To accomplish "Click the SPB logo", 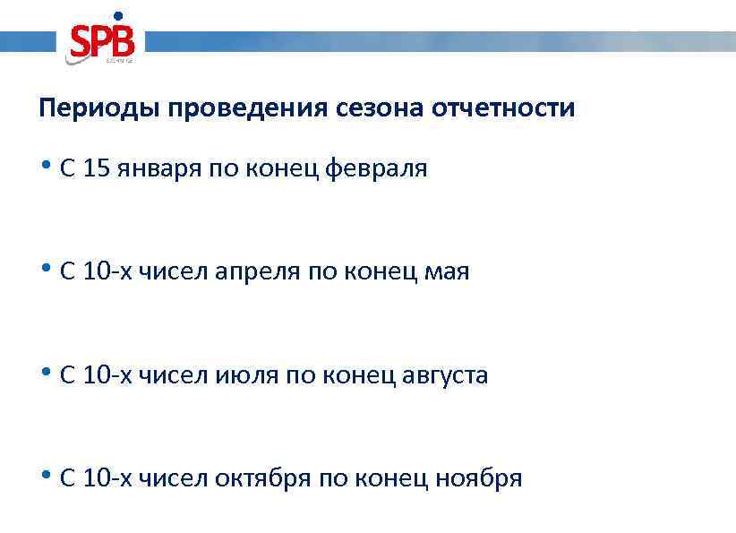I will pos(101,41).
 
